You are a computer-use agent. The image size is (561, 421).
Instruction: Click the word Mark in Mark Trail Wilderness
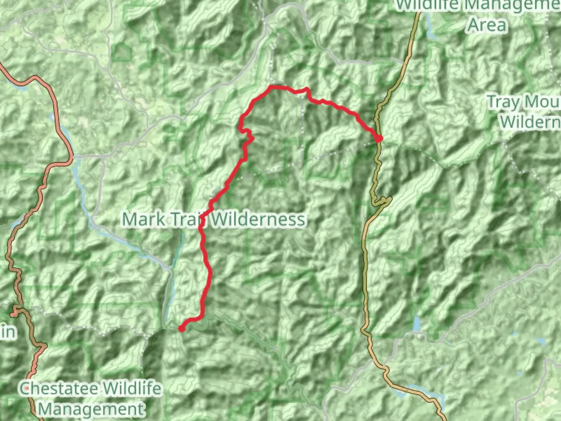click(x=143, y=219)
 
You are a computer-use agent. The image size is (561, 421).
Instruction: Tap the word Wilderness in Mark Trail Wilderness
click(x=259, y=219)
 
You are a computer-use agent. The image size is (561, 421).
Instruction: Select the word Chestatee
click(x=59, y=389)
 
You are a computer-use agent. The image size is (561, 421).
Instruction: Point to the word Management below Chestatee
click(x=92, y=409)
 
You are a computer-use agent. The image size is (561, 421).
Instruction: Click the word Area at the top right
click(x=487, y=25)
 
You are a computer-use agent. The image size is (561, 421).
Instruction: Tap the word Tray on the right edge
click(x=503, y=102)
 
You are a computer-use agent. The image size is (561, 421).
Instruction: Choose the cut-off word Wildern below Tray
click(x=530, y=122)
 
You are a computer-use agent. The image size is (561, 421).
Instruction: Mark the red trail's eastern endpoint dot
click(x=379, y=138)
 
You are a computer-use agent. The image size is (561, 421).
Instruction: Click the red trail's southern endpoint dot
click(x=182, y=329)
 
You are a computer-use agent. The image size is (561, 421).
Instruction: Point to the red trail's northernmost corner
click(x=271, y=87)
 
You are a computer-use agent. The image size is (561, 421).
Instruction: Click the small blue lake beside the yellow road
click(x=417, y=323)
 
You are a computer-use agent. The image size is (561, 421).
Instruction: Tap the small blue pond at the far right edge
click(x=540, y=342)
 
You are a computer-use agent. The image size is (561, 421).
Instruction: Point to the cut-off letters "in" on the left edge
click(x=8, y=332)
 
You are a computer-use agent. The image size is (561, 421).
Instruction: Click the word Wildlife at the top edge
click(x=429, y=5)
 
